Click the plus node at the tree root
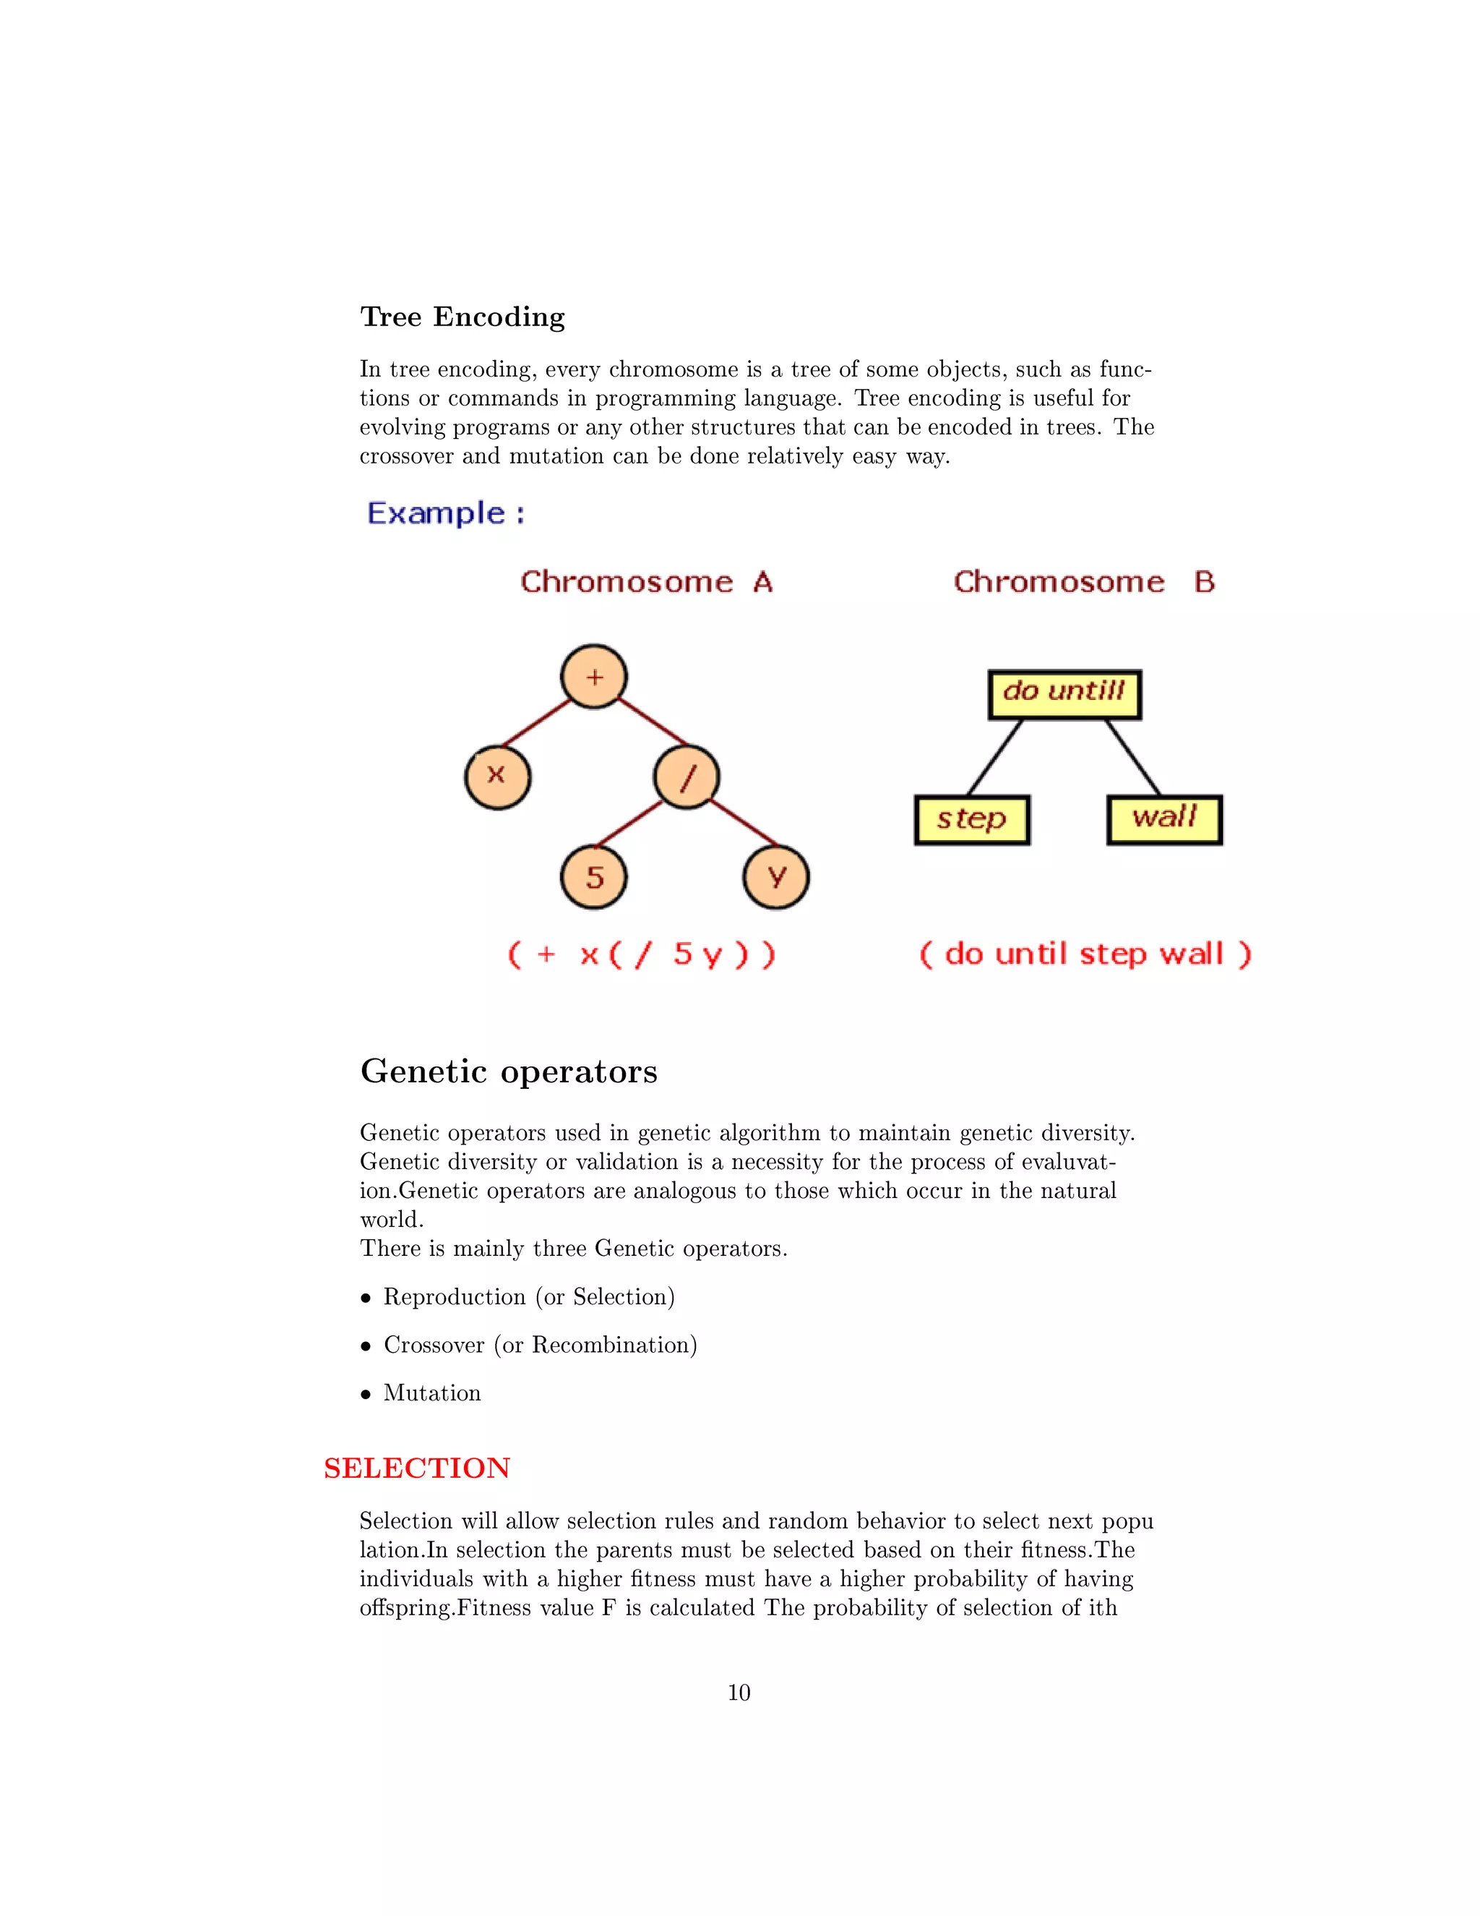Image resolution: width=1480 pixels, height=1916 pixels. tap(593, 677)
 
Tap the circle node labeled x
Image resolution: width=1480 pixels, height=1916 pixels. tap(497, 777)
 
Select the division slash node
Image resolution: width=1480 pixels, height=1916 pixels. tap(687, 777)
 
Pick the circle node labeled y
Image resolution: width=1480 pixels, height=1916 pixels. tap(776, 876)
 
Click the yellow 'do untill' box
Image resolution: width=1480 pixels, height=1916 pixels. tap(1064, 695)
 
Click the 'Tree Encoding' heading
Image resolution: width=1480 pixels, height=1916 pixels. tap(462, 317)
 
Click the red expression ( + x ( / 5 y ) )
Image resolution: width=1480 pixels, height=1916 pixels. tap(642, 954)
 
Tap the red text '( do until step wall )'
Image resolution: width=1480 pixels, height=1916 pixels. tap(1085, 954)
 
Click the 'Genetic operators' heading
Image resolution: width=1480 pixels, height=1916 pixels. tap(509, 1072)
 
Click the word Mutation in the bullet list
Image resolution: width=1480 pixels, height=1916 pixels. tap(432, 1393)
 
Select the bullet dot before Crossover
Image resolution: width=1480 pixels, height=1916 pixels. tap(366, 1346)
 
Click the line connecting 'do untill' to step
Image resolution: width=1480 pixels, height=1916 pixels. tap(995, 758)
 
